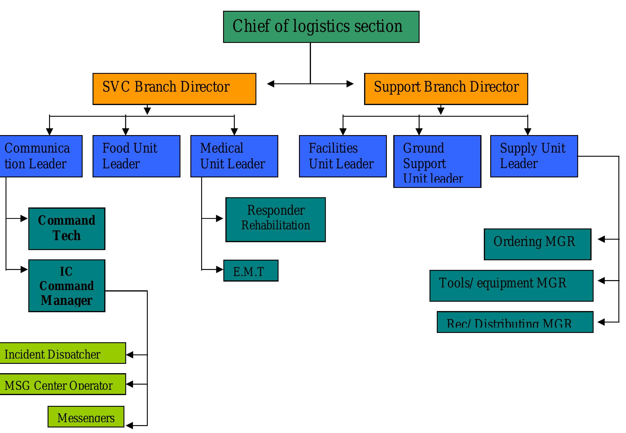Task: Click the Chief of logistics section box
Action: [321, 27]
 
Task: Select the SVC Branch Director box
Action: [174, 89]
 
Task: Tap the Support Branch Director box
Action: [446, 89]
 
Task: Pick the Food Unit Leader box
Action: [136, 156]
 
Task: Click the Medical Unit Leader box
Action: [234, 156]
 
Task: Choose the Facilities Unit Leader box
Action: [343, 156]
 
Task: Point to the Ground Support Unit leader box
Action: [437, 161]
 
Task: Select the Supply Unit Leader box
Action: [534, 156]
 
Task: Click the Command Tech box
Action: [67, 229]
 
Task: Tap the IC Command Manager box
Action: [67, 286]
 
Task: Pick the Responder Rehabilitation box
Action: [275, 219]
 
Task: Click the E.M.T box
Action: [251, 270]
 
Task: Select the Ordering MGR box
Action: [537, 244]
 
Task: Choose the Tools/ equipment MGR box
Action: [511, 286]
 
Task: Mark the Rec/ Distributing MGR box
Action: [515, 322]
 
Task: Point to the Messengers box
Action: [86, 417]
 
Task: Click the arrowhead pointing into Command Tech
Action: [24, 218]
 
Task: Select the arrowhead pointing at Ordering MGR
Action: [601, 239]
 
